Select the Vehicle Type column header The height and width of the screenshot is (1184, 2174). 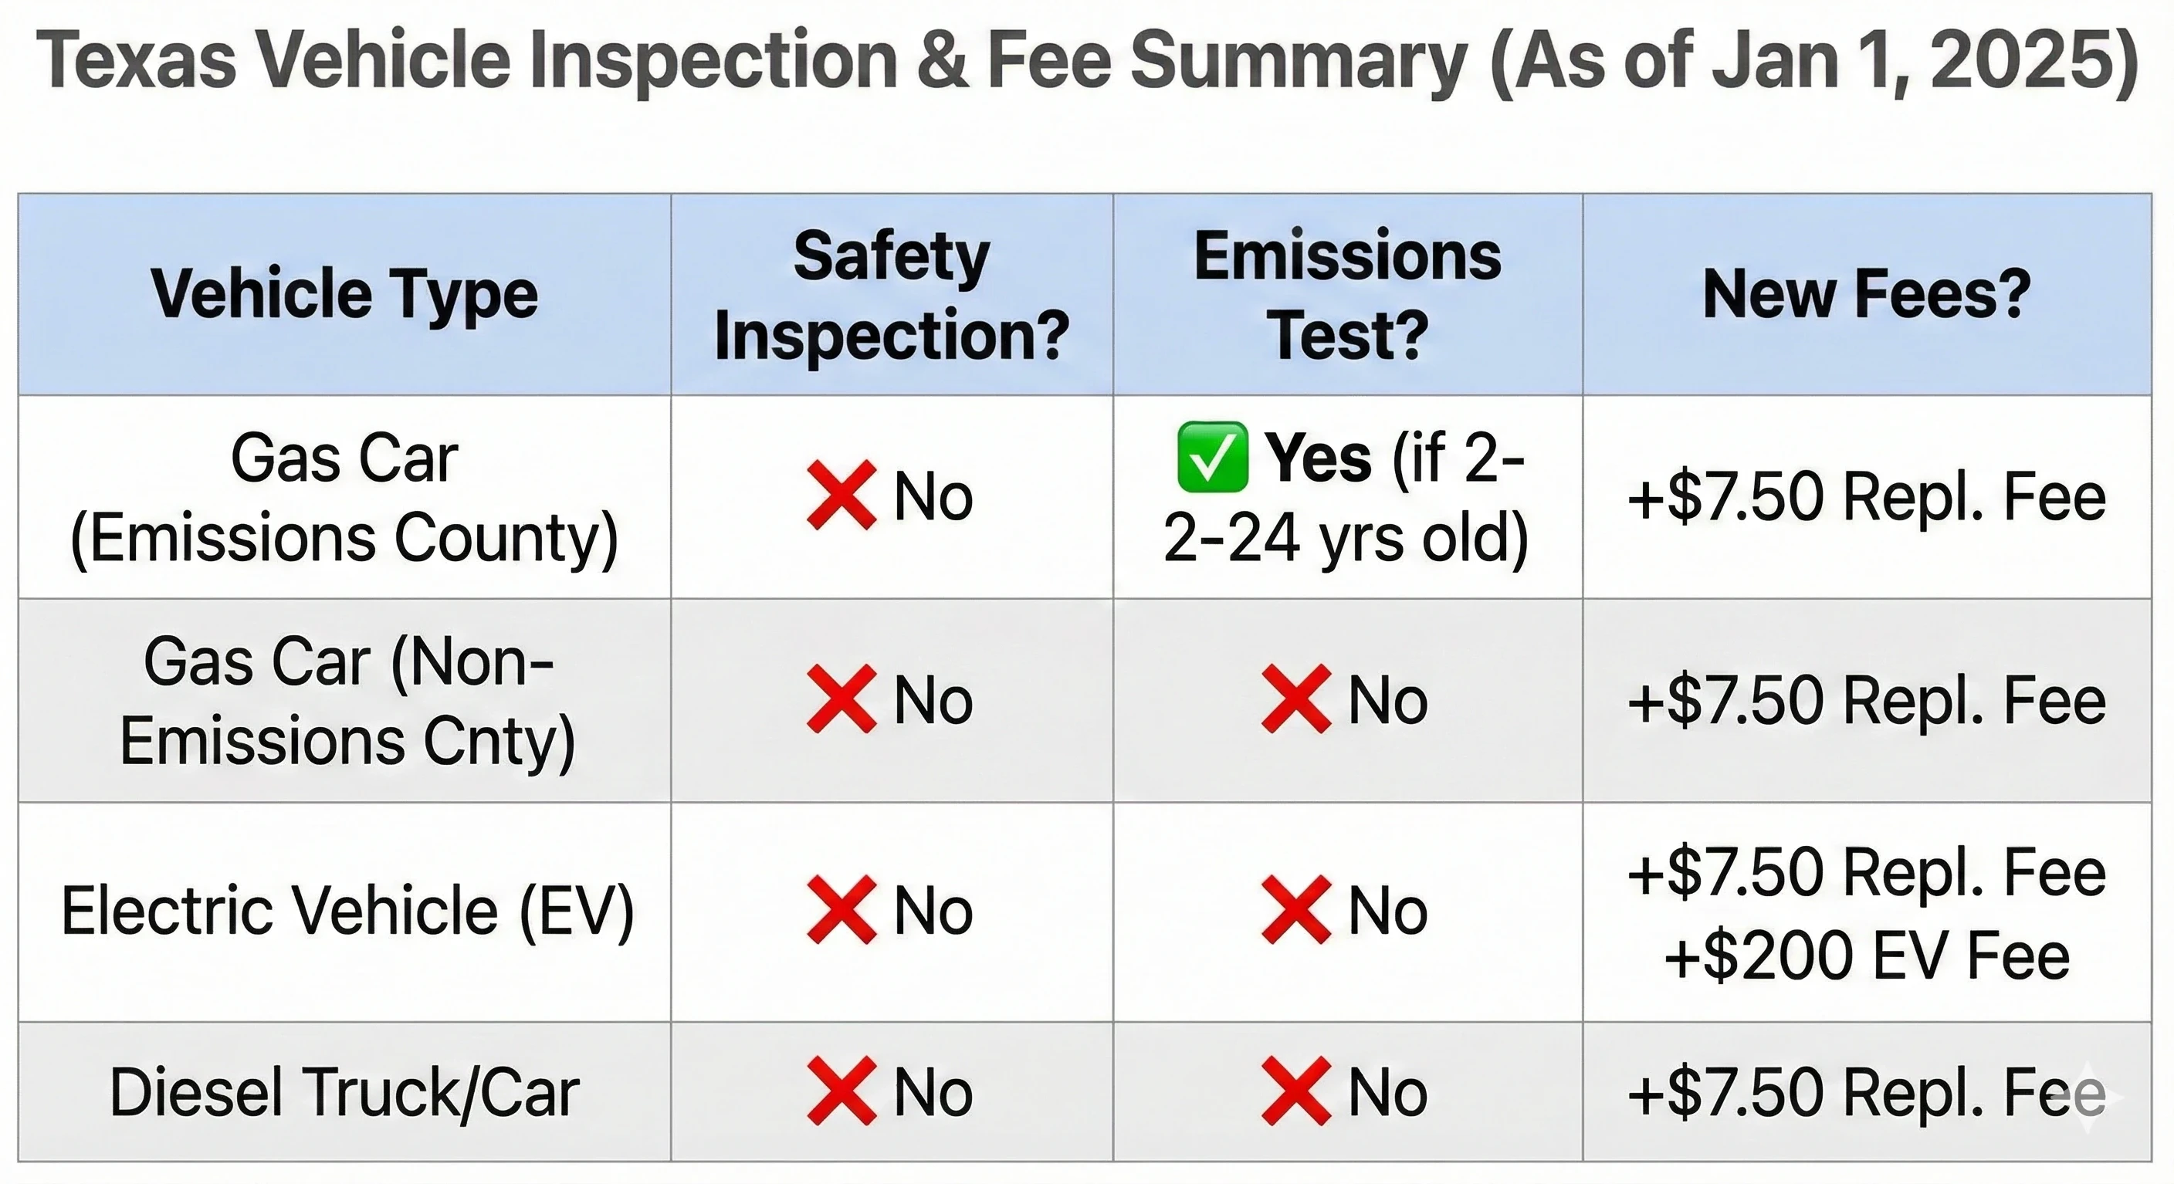(344, 293)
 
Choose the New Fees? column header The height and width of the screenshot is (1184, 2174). (1867, 293)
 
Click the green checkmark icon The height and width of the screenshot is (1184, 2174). (1212, 458)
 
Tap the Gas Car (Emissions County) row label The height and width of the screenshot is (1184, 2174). (344, 498)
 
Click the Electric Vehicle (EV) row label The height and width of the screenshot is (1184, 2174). (346, 912)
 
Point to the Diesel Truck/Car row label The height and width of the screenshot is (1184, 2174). (344, 1092)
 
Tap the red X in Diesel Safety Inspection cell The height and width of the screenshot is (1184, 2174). (841, 1091)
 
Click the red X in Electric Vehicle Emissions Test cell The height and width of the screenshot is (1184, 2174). (1295, 911)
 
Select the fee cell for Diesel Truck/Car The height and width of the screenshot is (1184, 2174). (1867, 1092)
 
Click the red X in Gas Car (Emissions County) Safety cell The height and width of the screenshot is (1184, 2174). (841, 496)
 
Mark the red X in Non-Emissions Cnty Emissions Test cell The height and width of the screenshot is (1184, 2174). (1295, 699)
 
